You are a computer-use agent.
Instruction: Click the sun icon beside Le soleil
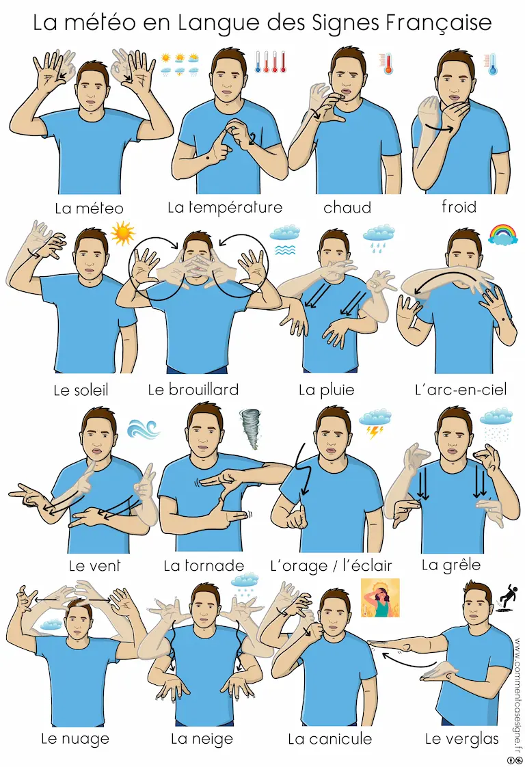[x=122, y=233]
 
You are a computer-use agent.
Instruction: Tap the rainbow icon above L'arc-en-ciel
[x=503, y=234]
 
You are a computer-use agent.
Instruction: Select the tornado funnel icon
[x=250, y=429]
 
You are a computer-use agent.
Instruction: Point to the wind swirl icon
[x=143, y=429]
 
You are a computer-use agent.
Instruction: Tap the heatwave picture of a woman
[x=380, y=597]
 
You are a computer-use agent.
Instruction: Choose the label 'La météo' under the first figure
[x=89, y=208]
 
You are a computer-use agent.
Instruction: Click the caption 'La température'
[x=225, y=207]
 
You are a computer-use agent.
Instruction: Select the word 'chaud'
[x=347, y=207]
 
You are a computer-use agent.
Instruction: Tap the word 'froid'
[x=459, y=206]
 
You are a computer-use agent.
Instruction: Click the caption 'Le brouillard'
[x=193, y=390]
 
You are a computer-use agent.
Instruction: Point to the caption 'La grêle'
[x=451, y=565]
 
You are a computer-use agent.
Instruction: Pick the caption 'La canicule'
[x=329, y=738]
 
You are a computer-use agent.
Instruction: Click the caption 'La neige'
[x=202, y=739]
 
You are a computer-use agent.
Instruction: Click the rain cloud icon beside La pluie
[x=379, y=238]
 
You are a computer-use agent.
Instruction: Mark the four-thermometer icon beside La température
[x=271, y=62]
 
